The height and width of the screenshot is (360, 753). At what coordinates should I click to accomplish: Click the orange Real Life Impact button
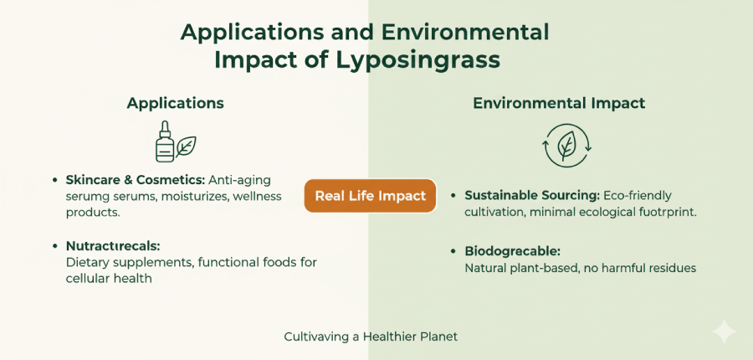click(370, 196)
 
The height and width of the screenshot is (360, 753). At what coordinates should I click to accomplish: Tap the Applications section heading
click(175, 103)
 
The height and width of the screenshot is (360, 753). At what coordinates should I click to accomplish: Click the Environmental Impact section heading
click(559, 103)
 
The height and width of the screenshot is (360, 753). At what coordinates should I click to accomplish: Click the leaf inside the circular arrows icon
click(567, 146)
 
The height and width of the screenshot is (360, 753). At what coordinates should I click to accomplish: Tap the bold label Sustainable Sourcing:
click(531, 195)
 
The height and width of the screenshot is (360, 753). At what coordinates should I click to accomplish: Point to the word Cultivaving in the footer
click(317, 337)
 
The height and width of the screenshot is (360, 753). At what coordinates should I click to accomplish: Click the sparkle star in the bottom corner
click(724, 332)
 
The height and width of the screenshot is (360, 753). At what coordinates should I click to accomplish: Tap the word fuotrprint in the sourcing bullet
click(667, 212)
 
